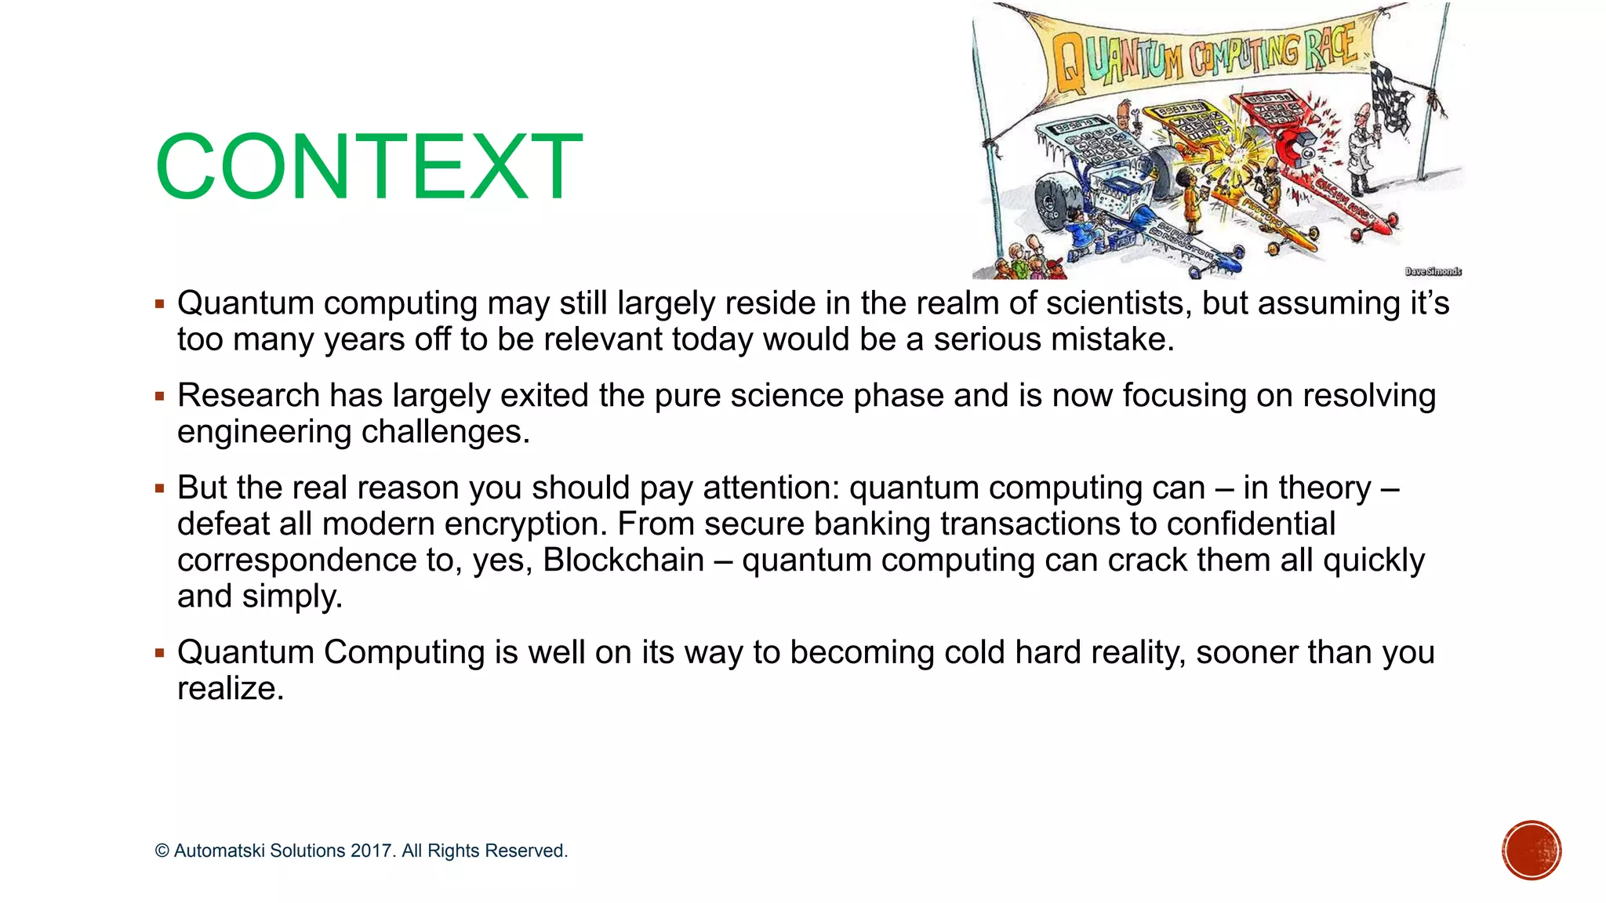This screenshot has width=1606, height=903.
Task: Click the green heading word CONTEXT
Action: pos(369,166)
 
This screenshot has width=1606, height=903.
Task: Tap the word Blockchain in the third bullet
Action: pos(623,560)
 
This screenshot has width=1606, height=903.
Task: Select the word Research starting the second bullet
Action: pos(248,396)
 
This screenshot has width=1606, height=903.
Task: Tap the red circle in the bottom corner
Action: pos(1532,850)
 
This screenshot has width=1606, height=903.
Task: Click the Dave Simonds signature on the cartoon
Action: pos(1433,271)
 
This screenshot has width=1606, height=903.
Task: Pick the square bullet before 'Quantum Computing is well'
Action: pos(160,653)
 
